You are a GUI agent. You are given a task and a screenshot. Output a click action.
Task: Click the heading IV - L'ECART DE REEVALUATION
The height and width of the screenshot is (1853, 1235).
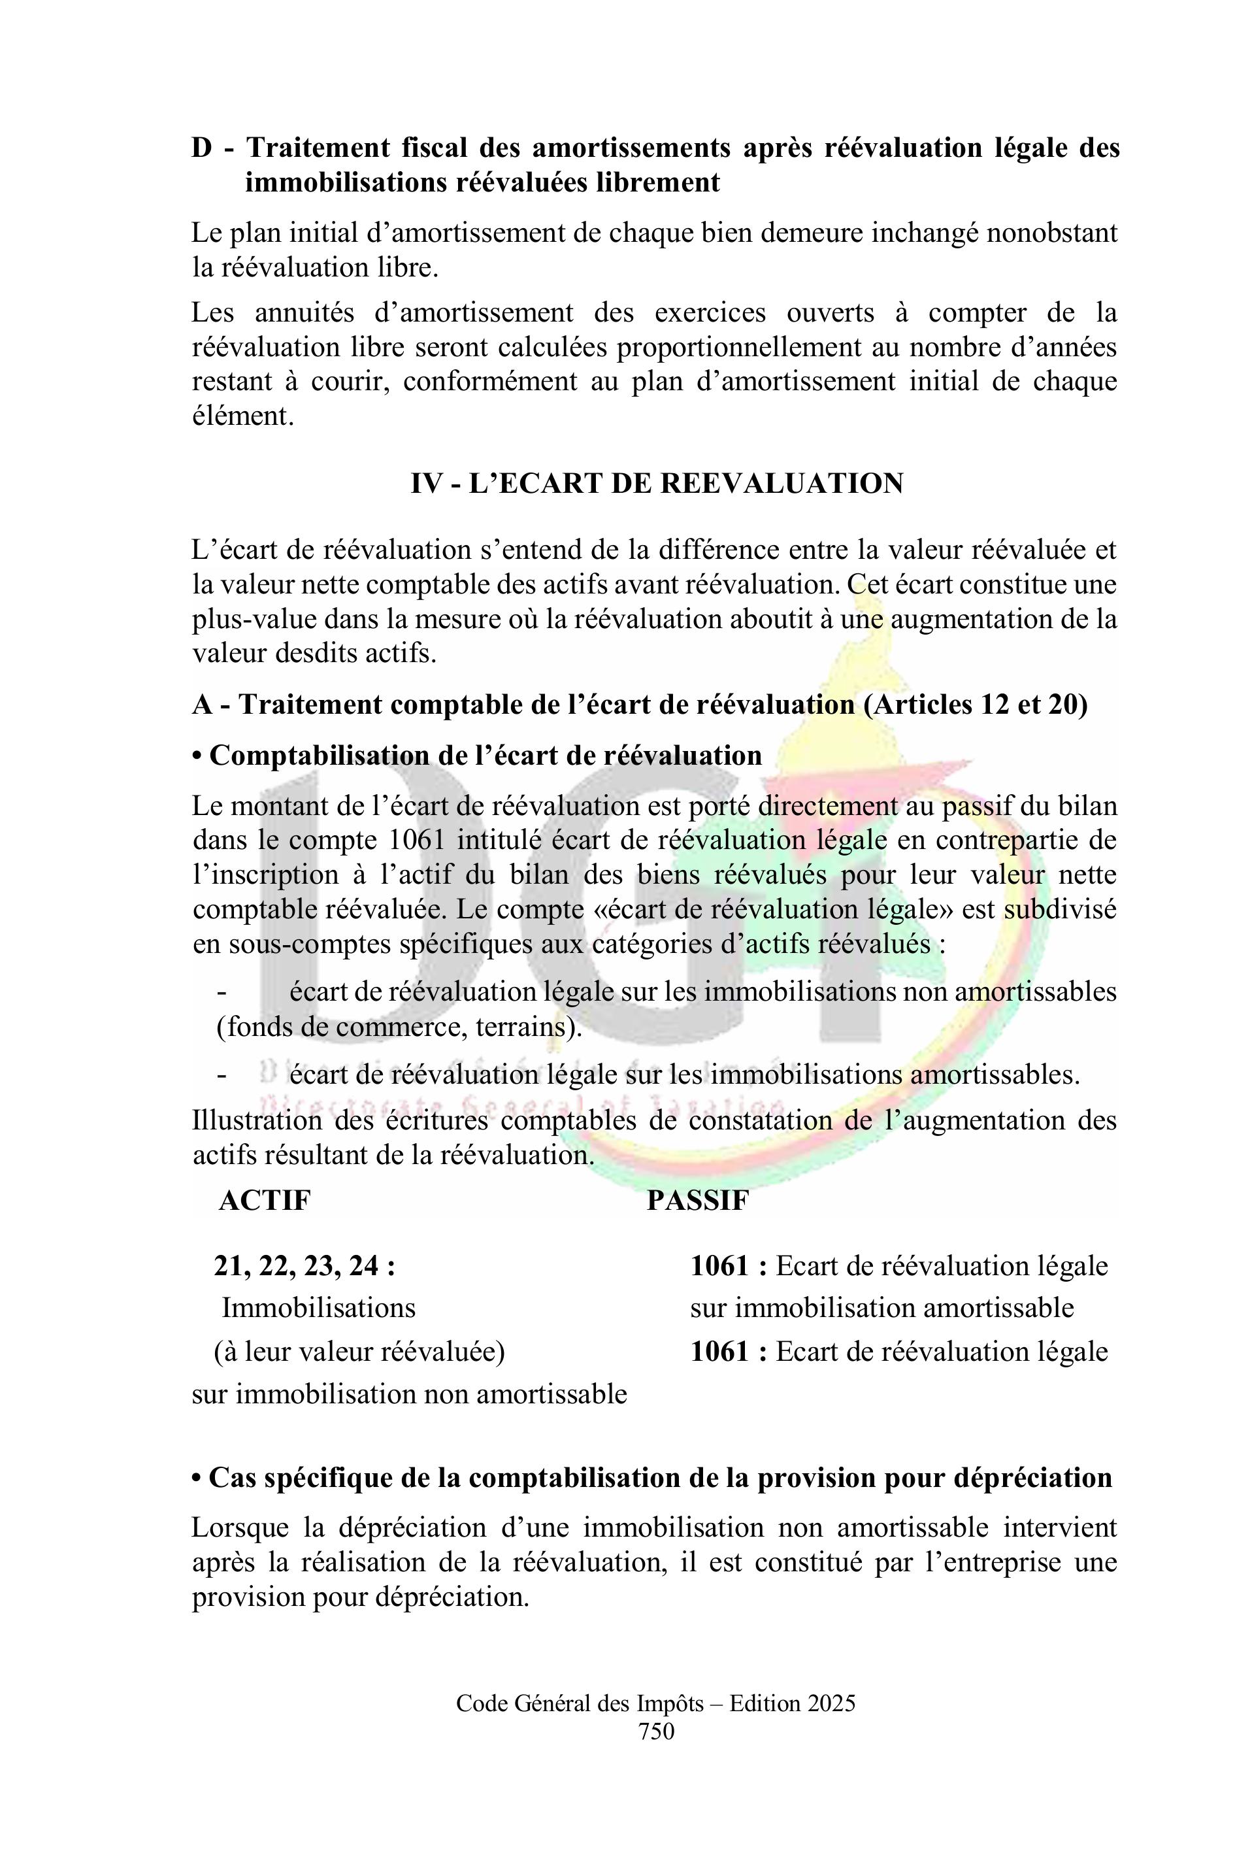tap(656, 483)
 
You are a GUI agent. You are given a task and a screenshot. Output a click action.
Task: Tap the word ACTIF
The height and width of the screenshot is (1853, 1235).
tap(265, 1200)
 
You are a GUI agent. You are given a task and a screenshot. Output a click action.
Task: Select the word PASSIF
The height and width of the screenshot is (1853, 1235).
tap(697, 1200)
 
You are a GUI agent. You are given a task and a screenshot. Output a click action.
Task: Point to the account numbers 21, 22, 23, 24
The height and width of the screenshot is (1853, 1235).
tap(304, 1266)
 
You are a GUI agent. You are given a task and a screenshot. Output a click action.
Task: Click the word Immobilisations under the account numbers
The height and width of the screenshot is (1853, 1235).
tap(318, 1308)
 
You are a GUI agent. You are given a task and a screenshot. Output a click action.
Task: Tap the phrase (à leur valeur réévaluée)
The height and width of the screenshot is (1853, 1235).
tap(359, 1351)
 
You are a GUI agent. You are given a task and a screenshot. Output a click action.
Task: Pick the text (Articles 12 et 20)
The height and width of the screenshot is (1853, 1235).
tap(975, 705)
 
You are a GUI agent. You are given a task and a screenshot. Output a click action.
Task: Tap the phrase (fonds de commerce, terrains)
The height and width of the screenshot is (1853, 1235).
tap(399, 1027)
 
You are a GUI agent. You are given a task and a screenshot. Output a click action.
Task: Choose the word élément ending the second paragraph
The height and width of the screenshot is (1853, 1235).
tap(242, 416)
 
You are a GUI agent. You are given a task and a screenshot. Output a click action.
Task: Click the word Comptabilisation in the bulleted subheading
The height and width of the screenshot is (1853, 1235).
tap(315, 755)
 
